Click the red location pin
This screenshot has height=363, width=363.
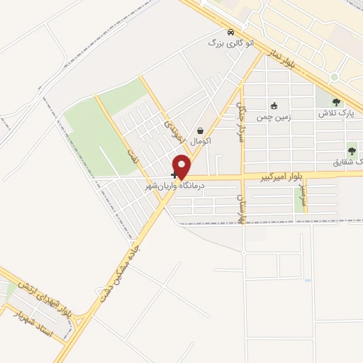click(181, 166)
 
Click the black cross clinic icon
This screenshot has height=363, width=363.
click(174, 174)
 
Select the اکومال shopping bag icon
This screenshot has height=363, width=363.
click(201, 130)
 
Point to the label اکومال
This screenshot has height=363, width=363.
click(201, 141)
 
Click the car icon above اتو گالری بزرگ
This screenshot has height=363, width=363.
click(230, 32)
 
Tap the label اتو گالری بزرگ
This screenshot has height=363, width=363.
click(226, 43)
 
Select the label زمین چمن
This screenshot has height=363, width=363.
click(275, 114)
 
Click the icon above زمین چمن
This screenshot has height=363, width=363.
click(274, 104)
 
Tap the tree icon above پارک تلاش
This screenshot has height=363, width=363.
click(335, 102)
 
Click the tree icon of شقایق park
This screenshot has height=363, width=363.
click(352, 150)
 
